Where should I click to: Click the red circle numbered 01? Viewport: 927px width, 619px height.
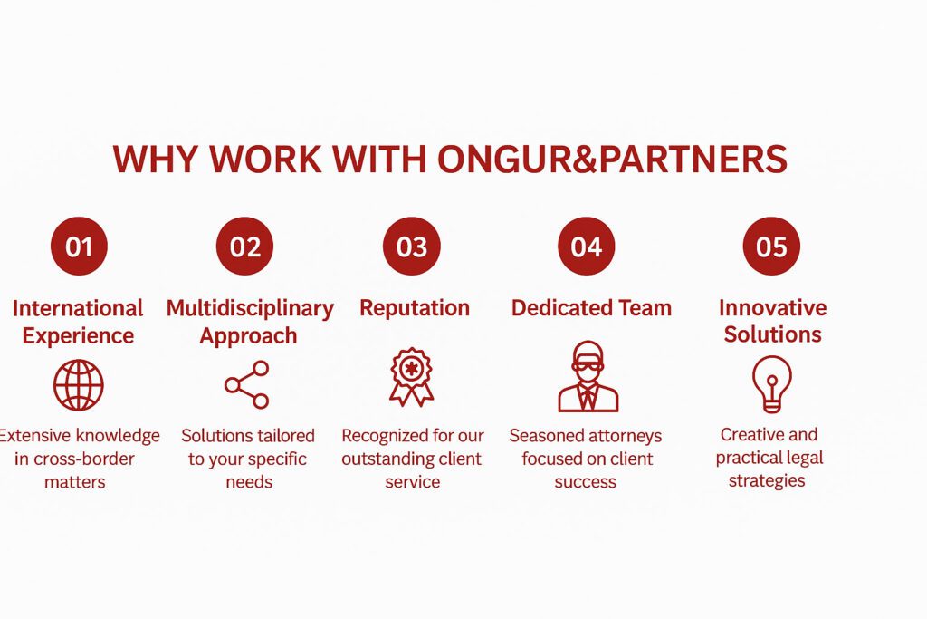(79, 247)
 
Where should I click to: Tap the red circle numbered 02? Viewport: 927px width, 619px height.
(244, 247)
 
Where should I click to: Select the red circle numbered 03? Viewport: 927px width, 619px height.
(411, 247)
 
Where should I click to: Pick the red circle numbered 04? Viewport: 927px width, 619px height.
(586, 247)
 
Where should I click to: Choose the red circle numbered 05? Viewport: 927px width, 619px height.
(771, 247)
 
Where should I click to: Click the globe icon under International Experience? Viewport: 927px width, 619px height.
(79, 384)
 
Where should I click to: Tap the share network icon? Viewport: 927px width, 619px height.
(247, 384)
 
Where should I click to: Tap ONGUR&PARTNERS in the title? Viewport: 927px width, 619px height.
(612, 160)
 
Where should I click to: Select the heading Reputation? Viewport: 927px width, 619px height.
(415, 308)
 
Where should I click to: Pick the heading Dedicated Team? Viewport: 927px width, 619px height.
(591, 308)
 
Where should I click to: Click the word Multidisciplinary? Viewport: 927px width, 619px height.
(250, 308)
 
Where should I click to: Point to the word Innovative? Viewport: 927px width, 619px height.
(772, 307)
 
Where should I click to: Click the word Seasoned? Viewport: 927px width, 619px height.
(546, 436)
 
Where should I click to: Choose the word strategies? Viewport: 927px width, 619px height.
(767, 480)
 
